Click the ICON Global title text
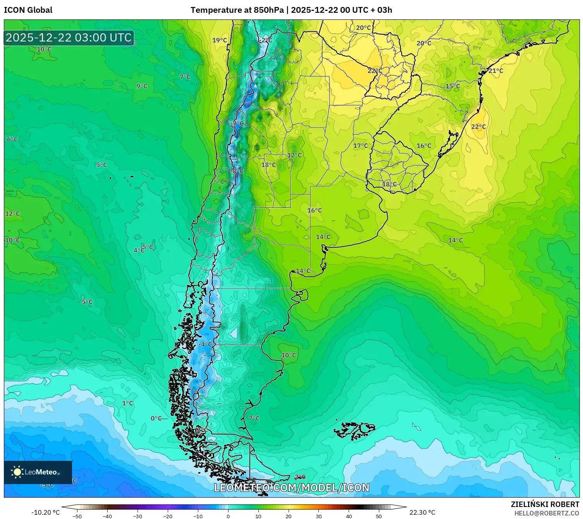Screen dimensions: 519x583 coord(28,10)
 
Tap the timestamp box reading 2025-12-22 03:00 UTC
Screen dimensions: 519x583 coord(69,38)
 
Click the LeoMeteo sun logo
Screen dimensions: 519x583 coord(17,472)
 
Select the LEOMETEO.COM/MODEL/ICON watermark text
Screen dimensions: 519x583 coord(291,488)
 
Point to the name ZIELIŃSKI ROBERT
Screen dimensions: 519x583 coord(545,504)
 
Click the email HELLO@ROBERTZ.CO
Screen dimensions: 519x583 coord(546,513)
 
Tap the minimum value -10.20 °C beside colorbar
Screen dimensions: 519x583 coord(45,512)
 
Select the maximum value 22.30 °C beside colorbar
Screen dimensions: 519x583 coord(422,512)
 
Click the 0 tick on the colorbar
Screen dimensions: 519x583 coord(228,516)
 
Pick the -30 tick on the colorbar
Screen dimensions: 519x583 coord(138,516)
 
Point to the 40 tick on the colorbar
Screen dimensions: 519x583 coord(349,516)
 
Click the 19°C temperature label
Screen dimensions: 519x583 coord(220,40)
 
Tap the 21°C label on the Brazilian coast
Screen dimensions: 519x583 coord(495,71)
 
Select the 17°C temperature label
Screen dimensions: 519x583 coord(361,146)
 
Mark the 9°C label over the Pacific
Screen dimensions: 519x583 coord(142,86)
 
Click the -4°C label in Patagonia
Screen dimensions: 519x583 coord(205,344)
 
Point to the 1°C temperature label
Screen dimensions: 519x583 coord(127,403)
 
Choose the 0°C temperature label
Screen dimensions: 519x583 coord(156,418)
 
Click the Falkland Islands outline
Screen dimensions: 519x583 coord(354,431)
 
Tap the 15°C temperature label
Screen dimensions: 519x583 coord(452,86)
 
